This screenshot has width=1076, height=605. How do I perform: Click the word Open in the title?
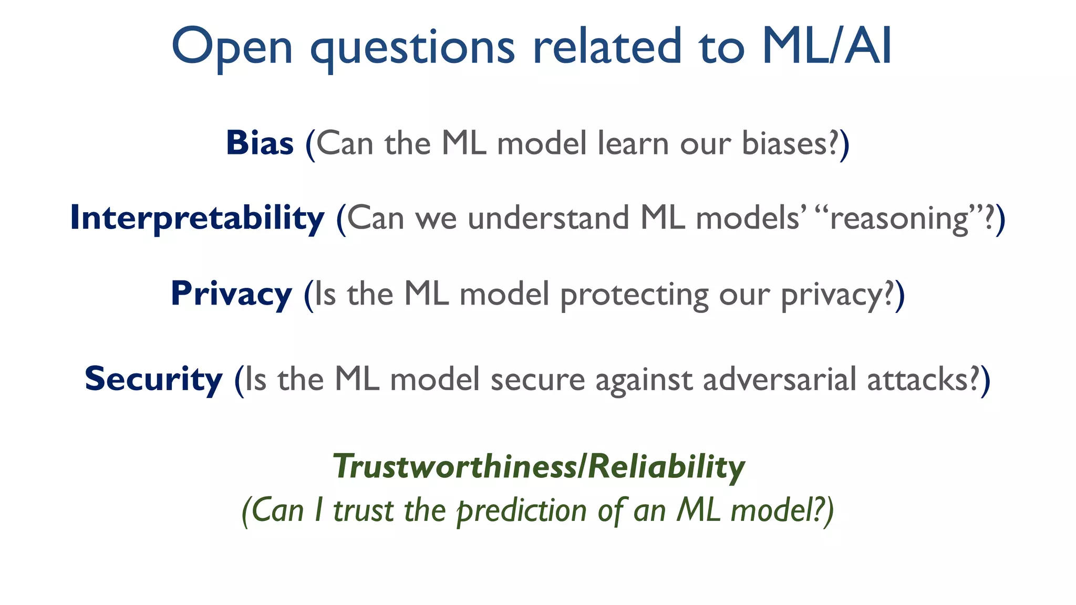point(232,47)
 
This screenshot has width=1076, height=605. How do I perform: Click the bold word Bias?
point(260,143)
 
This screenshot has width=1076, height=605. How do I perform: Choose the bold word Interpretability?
point(197,218)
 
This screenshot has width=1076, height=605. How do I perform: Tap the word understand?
point(548,218)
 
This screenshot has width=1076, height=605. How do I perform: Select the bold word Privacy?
point(231,294)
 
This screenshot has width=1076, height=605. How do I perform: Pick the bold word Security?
point(153,379)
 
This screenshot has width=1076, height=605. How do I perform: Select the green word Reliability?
point(666,466)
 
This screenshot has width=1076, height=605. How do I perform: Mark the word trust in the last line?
point(363,511)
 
